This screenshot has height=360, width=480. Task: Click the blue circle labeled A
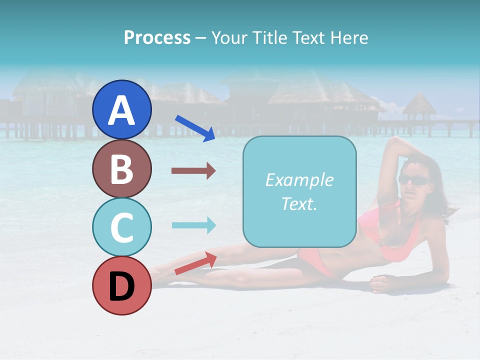click(121, 109)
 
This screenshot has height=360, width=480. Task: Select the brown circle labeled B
click(121, 168)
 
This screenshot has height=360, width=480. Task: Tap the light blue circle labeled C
click(121, 227)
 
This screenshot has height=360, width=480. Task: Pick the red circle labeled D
click(121, 285)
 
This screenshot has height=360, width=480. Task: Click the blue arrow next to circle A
click(195, 128)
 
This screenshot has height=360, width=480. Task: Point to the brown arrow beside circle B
click(193, 171)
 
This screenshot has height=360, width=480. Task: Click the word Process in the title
click(157, 37)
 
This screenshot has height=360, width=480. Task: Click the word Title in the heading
click(270, 37)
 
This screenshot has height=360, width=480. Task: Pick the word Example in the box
click(299, 180)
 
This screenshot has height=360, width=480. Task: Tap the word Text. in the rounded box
click(299, 203)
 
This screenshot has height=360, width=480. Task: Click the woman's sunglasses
click(413, 180)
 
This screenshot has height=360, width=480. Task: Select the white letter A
click(121, 110)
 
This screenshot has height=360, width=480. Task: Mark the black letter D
click(121, 286)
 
